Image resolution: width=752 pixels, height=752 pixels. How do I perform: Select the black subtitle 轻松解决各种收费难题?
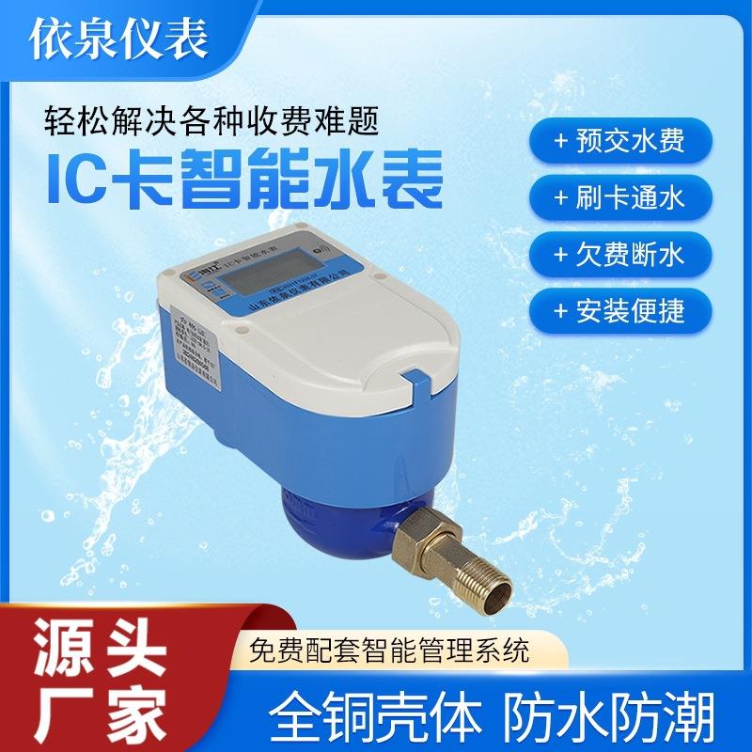[x=212, y=120]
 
